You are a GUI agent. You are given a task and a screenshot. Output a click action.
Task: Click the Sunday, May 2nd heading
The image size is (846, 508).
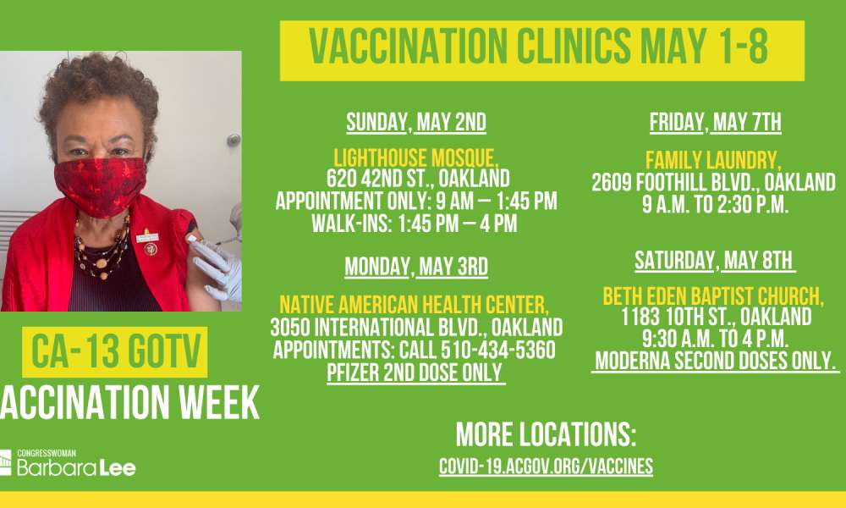(416, 123)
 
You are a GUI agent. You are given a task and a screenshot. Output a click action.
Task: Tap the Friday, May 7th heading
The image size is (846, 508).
(716, 123)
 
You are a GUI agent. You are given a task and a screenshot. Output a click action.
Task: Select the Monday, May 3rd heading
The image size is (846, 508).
(416, 267)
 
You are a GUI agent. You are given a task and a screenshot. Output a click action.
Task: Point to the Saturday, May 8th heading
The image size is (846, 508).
(715, 261)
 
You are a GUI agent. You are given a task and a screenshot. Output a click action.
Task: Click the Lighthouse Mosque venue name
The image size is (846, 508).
(416, 158)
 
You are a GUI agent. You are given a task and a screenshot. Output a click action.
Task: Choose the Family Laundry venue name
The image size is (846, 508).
(713, 160)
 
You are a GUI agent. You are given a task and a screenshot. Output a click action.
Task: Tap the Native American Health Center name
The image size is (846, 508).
(414, 305)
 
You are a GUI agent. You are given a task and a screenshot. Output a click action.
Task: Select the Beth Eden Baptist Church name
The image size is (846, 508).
(713, 296)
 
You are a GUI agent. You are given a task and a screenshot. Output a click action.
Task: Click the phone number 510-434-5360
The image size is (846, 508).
(498, 350)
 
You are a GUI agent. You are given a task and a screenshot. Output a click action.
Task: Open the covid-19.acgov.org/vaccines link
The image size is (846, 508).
(546, 467)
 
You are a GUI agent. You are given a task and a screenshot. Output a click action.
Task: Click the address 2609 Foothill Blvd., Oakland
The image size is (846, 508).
(713, 183)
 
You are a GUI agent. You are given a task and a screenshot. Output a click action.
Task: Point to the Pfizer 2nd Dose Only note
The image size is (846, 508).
(416, 373)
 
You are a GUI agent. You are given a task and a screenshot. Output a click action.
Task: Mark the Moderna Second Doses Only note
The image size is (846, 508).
(716, 362)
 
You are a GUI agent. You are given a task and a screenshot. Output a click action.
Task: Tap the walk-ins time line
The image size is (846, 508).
(415, 224)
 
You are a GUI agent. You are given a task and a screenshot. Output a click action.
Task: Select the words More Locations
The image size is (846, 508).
(546, 434)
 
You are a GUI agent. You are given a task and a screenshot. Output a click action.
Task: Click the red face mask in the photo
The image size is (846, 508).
(101, 185)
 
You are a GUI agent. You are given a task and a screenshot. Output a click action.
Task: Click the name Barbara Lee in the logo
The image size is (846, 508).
(76, 467)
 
